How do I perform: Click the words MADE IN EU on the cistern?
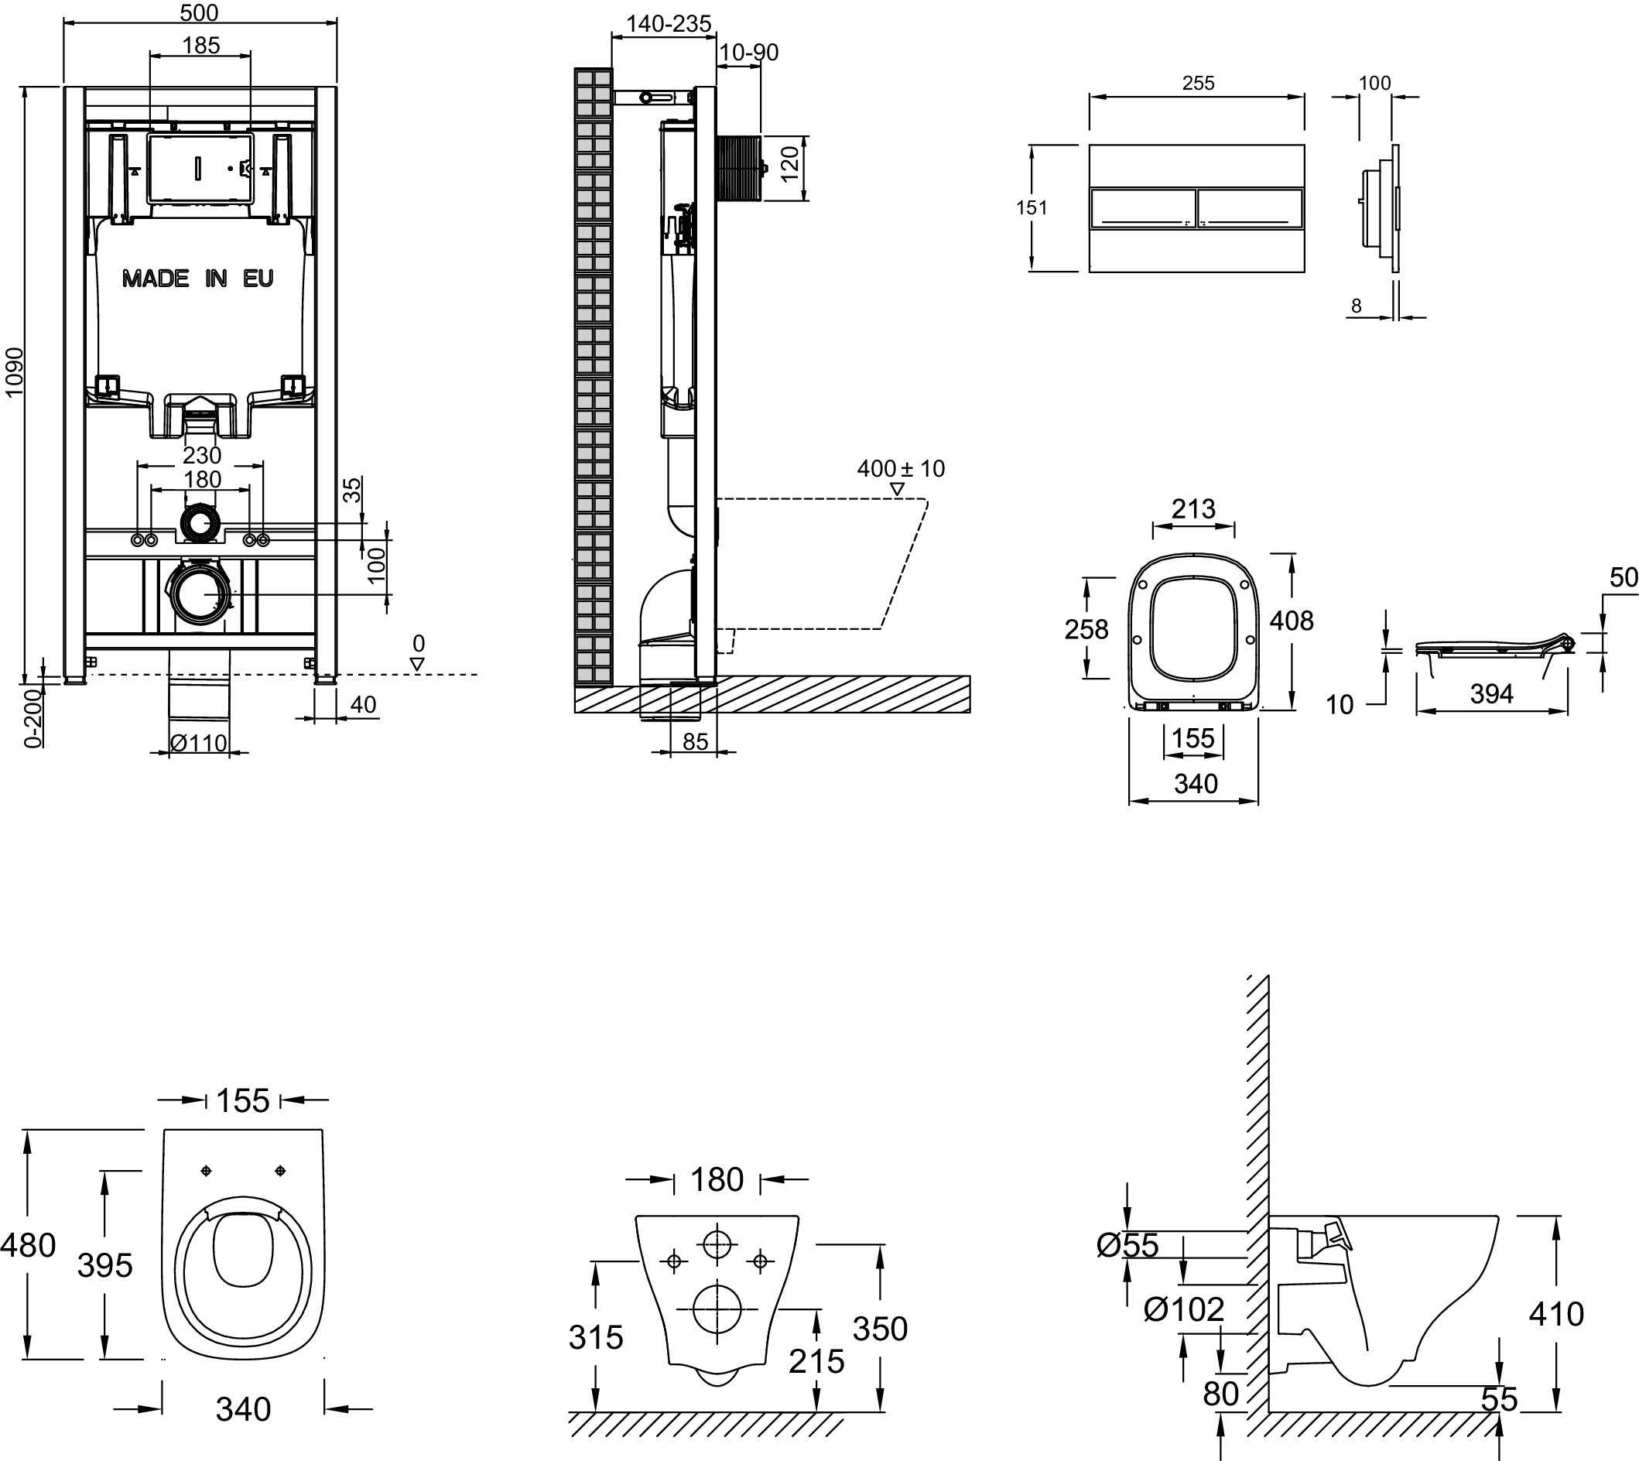(197, 279)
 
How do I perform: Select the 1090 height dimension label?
(15, 371)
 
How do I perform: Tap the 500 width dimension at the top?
(199, 12)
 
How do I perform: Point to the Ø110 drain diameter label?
(199, 744)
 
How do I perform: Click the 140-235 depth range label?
(668, 24)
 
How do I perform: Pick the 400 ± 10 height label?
(901, 469)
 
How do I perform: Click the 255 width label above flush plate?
(1198, 83)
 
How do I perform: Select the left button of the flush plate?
(1141, 208)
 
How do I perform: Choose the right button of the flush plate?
(1250, 208)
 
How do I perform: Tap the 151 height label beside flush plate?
(1032, 208)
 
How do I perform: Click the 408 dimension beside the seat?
(1291, 621)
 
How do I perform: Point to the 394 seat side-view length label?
(1491, 693)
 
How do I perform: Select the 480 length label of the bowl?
(29, 1245)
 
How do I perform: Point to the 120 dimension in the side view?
(790, 164)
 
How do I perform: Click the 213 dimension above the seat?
(1193, 508)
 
